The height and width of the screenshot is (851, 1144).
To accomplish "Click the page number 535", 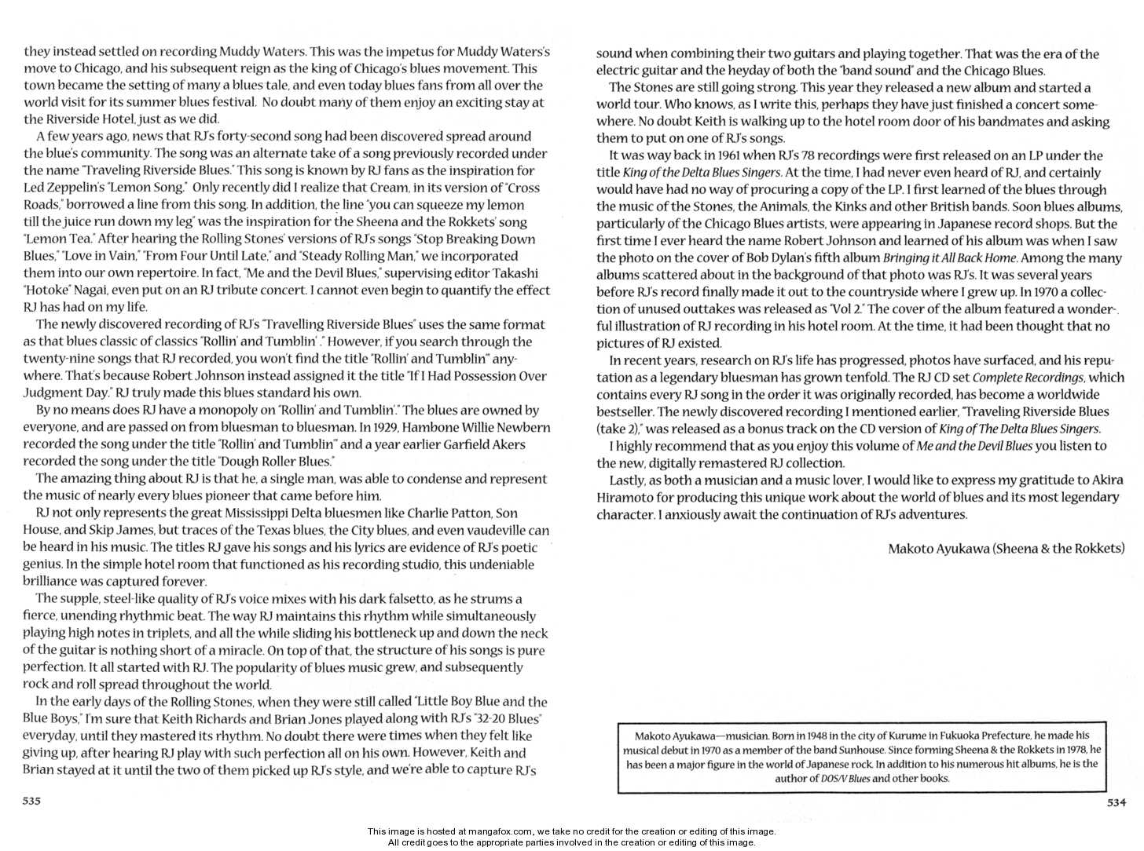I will [31, 801].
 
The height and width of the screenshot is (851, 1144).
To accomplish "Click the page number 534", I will [1116, 802].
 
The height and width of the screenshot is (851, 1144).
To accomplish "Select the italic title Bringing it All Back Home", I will [950, 258].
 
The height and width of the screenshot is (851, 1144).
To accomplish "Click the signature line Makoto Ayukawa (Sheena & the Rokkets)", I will [1006, 549].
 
